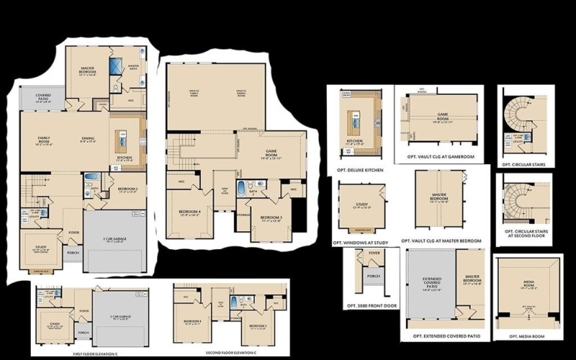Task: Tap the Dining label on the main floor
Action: point(88,140)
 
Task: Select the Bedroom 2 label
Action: point(127,190)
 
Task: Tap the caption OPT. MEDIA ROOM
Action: point(527,336)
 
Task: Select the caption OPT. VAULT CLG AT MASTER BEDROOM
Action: point(444,240)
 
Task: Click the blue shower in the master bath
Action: point(114,67)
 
